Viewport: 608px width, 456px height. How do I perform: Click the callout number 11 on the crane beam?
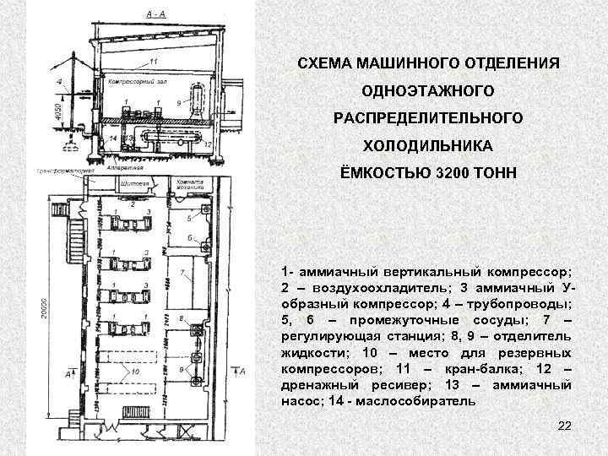[152, 62]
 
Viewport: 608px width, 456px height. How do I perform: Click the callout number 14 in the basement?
[112, 138]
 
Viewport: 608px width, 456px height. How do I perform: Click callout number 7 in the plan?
[182, 273]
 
